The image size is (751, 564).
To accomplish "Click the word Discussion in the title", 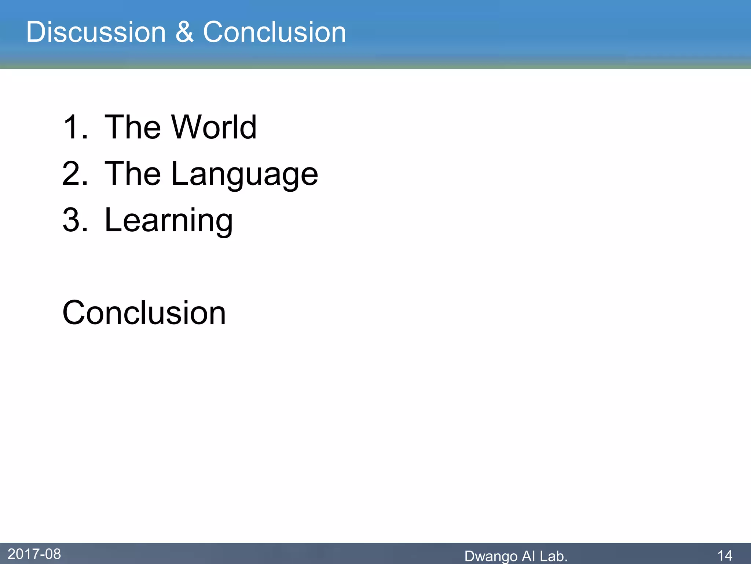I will point(96,32).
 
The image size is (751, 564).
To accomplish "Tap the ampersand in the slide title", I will point(184,32).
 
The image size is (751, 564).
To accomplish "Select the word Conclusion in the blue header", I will point(274,32).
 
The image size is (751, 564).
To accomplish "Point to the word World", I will point(214,127).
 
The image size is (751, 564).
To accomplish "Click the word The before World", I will point(132,127).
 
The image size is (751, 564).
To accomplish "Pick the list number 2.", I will point(75,174).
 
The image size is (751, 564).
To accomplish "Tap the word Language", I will point(245,174).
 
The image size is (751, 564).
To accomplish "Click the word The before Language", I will point(132,174).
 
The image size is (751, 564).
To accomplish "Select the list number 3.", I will point(75,220).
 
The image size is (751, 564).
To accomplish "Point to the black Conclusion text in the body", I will point(144,313).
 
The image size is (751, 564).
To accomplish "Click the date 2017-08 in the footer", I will point(34,554).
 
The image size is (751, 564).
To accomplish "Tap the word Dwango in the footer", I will point(491,556).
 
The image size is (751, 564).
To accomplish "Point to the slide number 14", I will point(725,555).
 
